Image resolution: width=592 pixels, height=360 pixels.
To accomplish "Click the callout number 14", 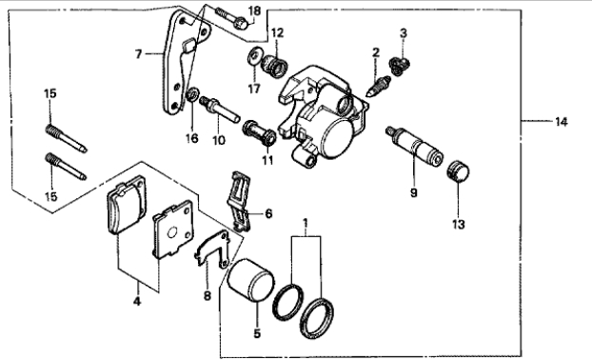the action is tap(561, 122).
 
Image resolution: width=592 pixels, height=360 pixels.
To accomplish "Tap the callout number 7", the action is tap(139, 54).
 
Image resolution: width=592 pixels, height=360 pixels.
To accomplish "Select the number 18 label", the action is tap(255, 10).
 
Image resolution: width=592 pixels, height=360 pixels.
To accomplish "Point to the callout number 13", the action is tap(459, 225).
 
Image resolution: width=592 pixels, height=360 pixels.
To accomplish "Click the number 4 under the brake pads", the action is tap(137, 301).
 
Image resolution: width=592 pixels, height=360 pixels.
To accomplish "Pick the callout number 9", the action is tap(414, 192).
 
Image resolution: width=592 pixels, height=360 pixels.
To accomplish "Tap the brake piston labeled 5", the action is tap(250, 281).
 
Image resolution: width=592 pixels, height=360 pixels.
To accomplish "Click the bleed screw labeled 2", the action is tap(378, 86).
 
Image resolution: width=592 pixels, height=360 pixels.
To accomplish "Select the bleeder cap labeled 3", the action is tap(400, 66).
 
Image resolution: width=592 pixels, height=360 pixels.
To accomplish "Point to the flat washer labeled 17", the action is tap(254, 56).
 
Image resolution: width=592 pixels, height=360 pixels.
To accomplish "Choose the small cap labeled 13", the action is tap(458, 171).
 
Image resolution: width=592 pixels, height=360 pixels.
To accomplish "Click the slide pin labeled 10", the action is tap(219, 110).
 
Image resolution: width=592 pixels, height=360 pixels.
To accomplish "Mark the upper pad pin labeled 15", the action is tap(66, 138).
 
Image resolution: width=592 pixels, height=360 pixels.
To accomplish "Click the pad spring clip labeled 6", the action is tap(239, 200).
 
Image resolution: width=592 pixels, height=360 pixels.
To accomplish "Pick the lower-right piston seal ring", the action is tap(317, 318).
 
